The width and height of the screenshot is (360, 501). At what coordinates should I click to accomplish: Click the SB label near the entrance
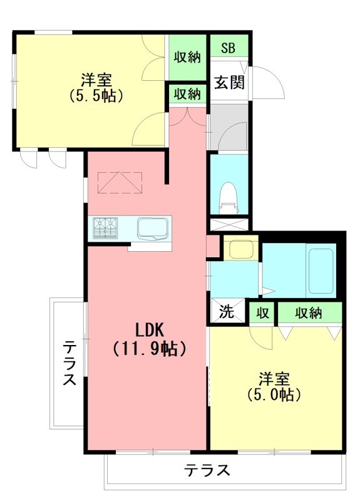pyautogui.click(x=229, y=48)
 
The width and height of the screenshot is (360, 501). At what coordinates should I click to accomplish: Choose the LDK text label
pyautogui.click(x=150, y=329)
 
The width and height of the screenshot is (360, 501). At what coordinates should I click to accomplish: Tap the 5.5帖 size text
pyautogui.click(x=95, y=96)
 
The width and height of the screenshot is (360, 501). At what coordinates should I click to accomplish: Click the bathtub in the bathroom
pyautogui.click(x=320, y=271)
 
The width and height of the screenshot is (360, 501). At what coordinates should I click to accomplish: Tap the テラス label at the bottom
pyautogui.click(x=207, y=470)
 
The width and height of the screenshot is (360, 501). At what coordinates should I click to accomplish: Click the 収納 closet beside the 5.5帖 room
pyautogui.click(x=187, y=56)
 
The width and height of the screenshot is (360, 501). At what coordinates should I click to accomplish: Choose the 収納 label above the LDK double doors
pyautogui.click(x=187, y=94)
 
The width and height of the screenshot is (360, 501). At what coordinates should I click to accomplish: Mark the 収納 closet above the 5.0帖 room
pyautogui.click(x=310, y=312)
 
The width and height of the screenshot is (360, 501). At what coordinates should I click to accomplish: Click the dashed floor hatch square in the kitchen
pyautogui.click(x=120, y=182)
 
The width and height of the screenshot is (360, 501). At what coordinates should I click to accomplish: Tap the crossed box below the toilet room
pyautogui.click(x=229, y=224)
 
